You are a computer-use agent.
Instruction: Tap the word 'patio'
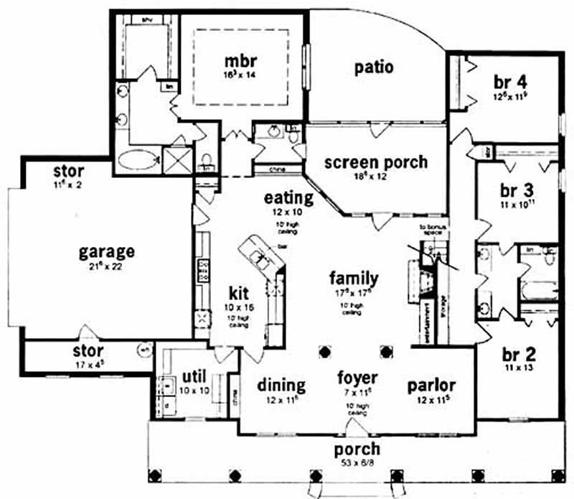point(374,67)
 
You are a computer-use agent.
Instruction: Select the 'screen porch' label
point(375,162)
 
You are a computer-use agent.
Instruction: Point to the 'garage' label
point(107,252)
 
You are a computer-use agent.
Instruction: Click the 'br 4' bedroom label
point(510,80)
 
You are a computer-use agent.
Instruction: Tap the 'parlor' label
point(431,384)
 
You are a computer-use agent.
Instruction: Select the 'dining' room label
point(281,385)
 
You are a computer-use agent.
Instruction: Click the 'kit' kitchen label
point(238,294)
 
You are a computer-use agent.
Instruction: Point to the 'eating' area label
point(288,197)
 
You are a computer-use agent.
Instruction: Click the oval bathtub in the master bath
point(138,159)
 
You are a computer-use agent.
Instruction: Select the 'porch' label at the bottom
point(357,451)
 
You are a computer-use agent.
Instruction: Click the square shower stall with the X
point(178,158)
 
